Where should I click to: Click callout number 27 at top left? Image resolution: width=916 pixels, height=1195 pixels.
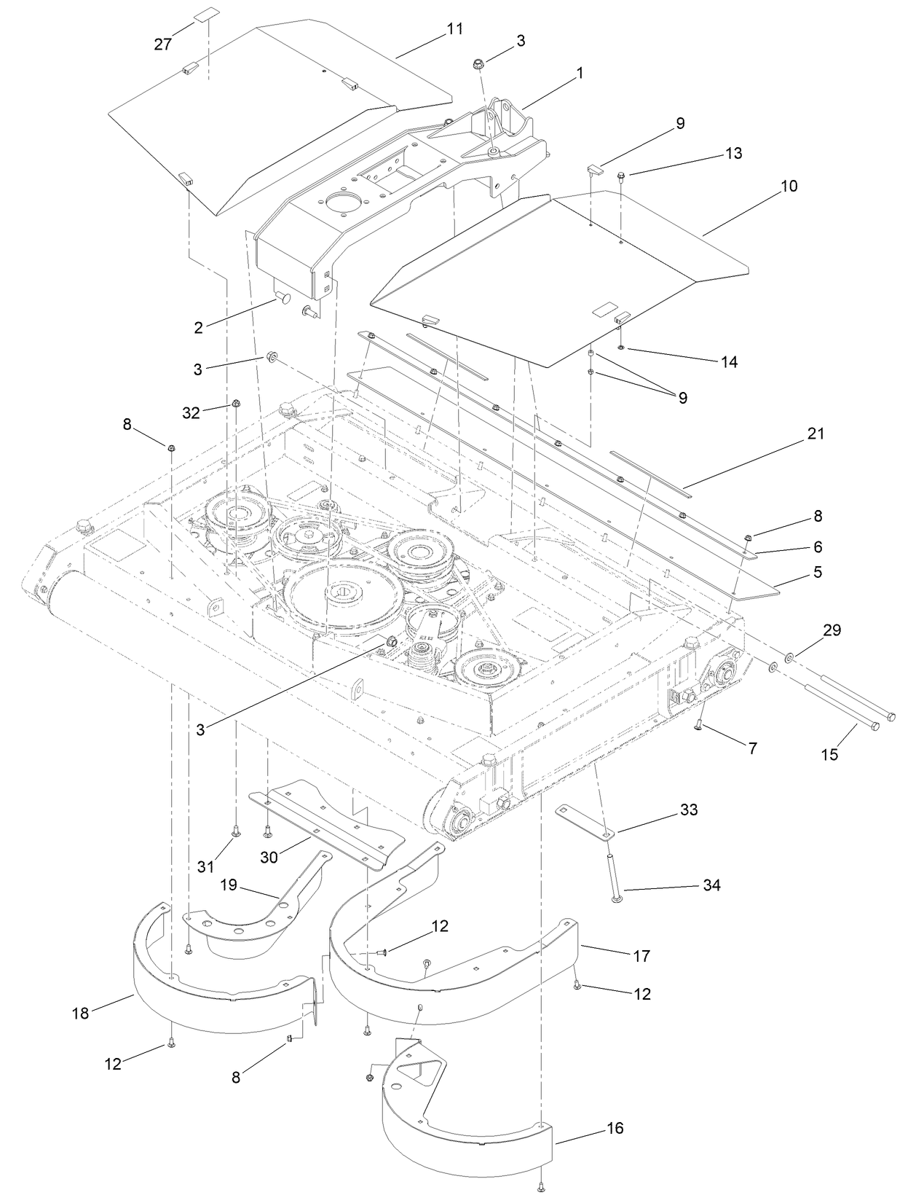click(x=162, y=44)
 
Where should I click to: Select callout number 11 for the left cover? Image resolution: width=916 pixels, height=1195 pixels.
click(x=454, y=29)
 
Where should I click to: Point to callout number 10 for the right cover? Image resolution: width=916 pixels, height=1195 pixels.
click(x=789, y=186)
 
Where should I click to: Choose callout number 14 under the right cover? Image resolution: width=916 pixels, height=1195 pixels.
click(x=729, y=361)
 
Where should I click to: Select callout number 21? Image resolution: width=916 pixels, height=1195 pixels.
click(x=816, y=434)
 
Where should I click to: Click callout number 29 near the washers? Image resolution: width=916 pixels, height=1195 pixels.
click(x=832, y=630)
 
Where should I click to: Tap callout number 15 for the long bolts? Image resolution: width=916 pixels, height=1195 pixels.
click(x=829, y=754)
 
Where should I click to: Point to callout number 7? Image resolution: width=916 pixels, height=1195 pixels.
click(x=753, y=748)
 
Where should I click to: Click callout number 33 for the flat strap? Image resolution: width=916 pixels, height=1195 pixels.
click(x=688, y=810)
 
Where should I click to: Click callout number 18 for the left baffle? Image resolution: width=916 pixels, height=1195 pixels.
click(x=80, y=1013)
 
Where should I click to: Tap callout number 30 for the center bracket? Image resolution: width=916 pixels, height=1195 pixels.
click(x=269, y=858)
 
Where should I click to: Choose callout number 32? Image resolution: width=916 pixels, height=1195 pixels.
click(x=191, y=412)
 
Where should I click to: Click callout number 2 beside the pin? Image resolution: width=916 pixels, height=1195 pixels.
click(x=198, y=327)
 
